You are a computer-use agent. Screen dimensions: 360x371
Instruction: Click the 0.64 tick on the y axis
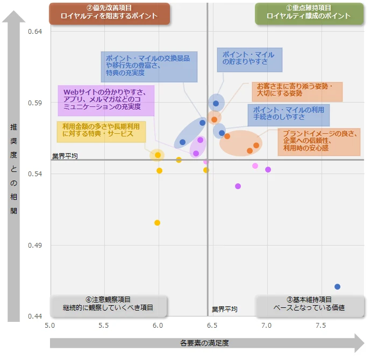[35, 32]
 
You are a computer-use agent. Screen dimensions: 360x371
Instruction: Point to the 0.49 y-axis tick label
[35, 246]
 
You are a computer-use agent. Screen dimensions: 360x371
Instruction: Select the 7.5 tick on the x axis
[321, 326]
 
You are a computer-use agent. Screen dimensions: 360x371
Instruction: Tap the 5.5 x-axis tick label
[104, 326]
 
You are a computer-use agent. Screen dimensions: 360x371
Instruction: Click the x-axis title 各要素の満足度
[205, 343]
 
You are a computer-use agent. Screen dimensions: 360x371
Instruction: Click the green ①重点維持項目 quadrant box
[308, 13]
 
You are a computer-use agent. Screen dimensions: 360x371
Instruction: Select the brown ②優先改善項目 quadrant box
[109, 13]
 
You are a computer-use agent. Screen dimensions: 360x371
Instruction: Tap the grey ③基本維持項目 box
[309, 304]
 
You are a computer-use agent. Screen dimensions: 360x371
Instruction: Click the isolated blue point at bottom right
[337, 286]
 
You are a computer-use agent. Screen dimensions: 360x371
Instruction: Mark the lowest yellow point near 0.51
[157, 222]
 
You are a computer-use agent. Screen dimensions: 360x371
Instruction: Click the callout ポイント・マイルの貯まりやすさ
[249, 59]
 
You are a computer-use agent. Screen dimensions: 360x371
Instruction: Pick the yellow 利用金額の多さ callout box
[101, 130]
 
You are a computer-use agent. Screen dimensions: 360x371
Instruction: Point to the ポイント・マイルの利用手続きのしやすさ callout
[288, 113]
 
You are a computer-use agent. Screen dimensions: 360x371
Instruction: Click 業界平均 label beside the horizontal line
[65, 156]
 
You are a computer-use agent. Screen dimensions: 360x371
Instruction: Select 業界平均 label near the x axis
[224, 309]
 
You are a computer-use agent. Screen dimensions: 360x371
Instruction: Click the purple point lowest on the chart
[238, 186]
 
